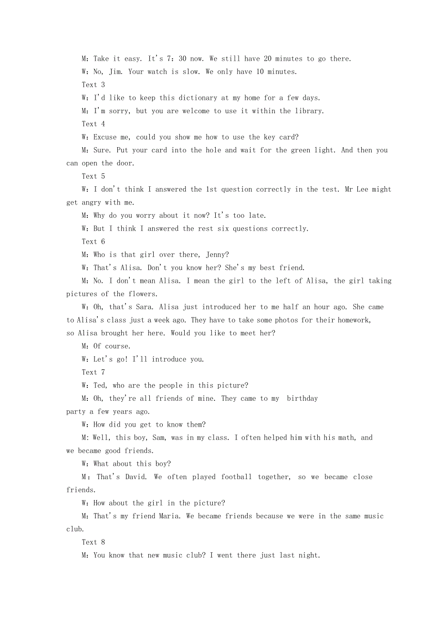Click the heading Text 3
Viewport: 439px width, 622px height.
(93, 85)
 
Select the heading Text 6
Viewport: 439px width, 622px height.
(93, 242)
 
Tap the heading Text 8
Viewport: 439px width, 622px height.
(93, 542)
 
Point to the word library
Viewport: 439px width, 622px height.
(308, 111)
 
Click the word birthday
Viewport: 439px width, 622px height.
(302, 398)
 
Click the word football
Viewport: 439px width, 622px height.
(236, 477)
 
